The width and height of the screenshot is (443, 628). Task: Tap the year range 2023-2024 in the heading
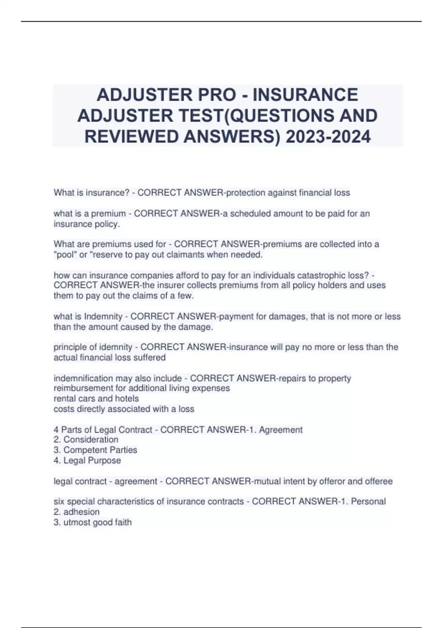328,137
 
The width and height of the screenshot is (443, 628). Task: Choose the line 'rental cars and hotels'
96,399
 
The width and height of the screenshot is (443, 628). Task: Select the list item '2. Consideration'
86,440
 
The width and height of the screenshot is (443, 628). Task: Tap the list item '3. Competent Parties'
95,450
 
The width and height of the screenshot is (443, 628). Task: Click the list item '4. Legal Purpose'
87,460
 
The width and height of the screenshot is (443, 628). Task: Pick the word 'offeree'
378,481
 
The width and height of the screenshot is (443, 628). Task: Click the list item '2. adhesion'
76,512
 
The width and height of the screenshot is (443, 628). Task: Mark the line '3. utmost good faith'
93,522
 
